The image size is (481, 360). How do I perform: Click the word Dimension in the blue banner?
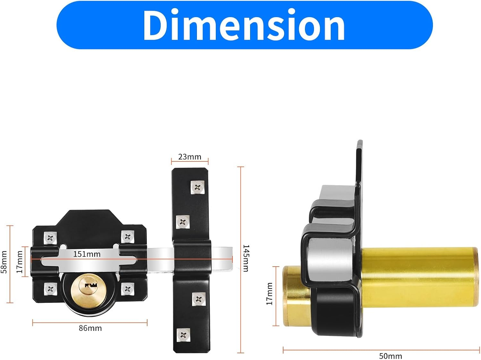click(244, 25)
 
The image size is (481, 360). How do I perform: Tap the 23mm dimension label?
click(190, 157)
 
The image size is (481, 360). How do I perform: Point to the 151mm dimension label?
click(87, 254)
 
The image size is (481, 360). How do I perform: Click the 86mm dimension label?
click(90, 328)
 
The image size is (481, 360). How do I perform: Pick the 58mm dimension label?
click(4, 262)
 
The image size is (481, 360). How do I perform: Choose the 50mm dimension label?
click(390, 356)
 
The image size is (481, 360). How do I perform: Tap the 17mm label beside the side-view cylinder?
click(269, 294)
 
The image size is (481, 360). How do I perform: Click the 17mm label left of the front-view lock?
click(20, 262)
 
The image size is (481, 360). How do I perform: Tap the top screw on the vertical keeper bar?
click(198, 187)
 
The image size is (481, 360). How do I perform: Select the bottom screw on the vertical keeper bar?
click(183, 335)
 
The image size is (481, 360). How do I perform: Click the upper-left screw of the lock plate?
click(50, 238)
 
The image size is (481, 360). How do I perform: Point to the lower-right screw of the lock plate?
click(127, 289)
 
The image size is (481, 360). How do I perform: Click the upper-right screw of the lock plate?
click(127, 237)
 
